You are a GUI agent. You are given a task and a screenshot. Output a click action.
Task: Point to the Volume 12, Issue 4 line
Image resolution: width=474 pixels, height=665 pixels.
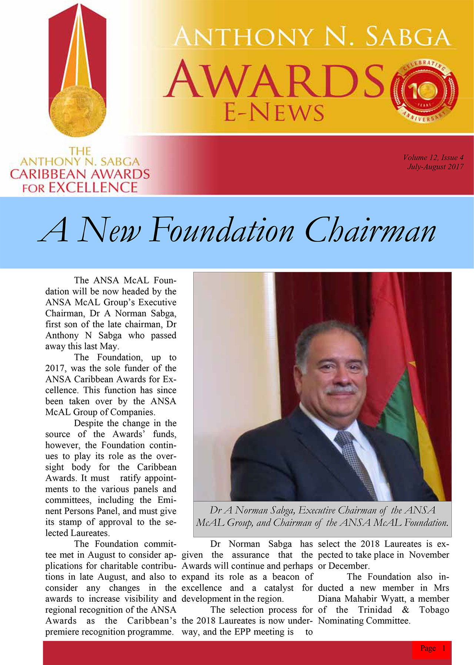[x=433, y=157]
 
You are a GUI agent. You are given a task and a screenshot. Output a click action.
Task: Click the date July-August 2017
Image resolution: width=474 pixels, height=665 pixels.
[x=435, y=167]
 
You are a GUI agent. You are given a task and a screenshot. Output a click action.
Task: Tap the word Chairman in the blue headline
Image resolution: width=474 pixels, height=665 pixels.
[x=370, y=231]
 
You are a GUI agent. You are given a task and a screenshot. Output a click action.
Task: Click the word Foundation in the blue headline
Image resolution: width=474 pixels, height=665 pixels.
[x=222, y=231]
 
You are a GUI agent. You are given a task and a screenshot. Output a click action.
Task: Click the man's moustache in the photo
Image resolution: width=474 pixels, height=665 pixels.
[x=341, y=390]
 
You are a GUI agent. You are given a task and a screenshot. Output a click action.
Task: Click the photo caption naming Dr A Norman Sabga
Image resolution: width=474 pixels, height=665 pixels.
[x=322, y=516]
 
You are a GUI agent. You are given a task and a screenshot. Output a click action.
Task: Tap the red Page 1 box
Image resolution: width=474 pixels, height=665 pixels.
[x=432, y=648]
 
